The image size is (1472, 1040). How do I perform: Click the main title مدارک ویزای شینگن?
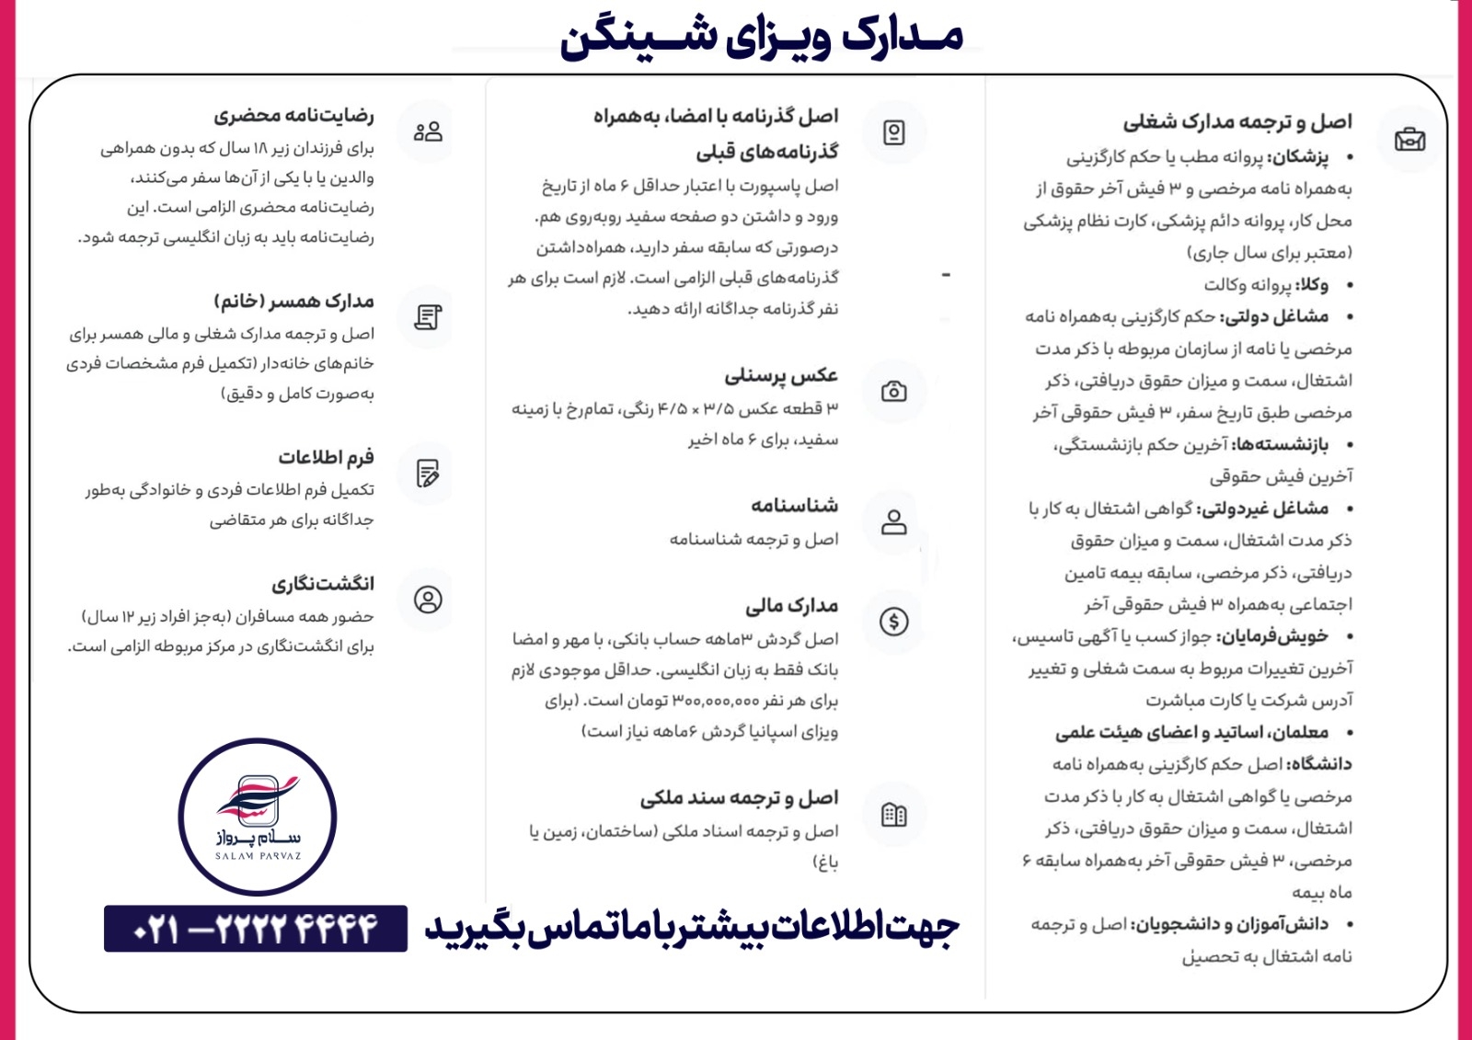762,37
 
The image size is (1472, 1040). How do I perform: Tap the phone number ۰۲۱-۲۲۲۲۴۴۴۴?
256,929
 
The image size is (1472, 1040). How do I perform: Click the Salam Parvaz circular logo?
258,817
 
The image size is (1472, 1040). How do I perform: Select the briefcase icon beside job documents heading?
1409,140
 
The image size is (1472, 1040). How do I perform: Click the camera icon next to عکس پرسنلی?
893,392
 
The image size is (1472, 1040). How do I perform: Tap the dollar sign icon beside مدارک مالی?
893,622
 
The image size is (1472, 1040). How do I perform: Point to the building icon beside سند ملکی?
893,814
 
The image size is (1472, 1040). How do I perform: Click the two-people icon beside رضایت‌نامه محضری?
428,131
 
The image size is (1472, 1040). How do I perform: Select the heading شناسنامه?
794,506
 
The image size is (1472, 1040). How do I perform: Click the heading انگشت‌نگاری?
323,584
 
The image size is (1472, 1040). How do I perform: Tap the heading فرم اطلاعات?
326,457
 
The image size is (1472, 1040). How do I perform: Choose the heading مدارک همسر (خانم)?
293,302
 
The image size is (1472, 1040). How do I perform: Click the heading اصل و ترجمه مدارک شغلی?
1237,122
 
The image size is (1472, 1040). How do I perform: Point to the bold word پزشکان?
1298,157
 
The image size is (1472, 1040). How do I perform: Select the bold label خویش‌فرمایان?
1273,636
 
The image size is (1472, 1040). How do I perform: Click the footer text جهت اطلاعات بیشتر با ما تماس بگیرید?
692,929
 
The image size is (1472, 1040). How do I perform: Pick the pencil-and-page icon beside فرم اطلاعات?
428,473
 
